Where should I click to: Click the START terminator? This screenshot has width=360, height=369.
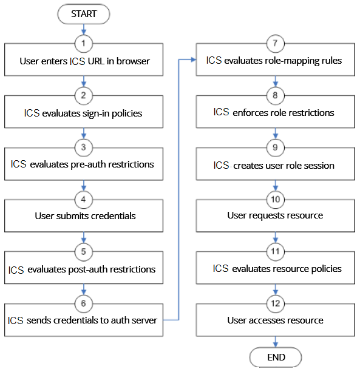(84, 14)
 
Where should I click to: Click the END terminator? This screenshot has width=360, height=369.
(276, 357)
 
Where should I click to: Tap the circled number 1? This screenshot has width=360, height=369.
(84, 44)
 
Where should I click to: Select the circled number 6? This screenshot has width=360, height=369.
(84, 303)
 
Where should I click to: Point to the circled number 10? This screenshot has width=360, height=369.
(276, 200)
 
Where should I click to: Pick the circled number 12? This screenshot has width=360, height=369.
(276, 303)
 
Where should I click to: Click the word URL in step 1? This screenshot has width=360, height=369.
(96, 61)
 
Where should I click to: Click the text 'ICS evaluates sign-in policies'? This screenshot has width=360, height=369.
(83, 113)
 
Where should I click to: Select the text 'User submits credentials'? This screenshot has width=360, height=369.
(85, 216)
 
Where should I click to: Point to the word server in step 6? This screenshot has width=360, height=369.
(144, 320)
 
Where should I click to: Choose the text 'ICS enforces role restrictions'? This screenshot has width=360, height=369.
(274, 112)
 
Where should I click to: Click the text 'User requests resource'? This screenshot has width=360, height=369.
(275, 215)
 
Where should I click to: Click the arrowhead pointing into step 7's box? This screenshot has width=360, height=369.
(194, 59)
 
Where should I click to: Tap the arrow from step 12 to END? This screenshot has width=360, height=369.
(276, 342)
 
